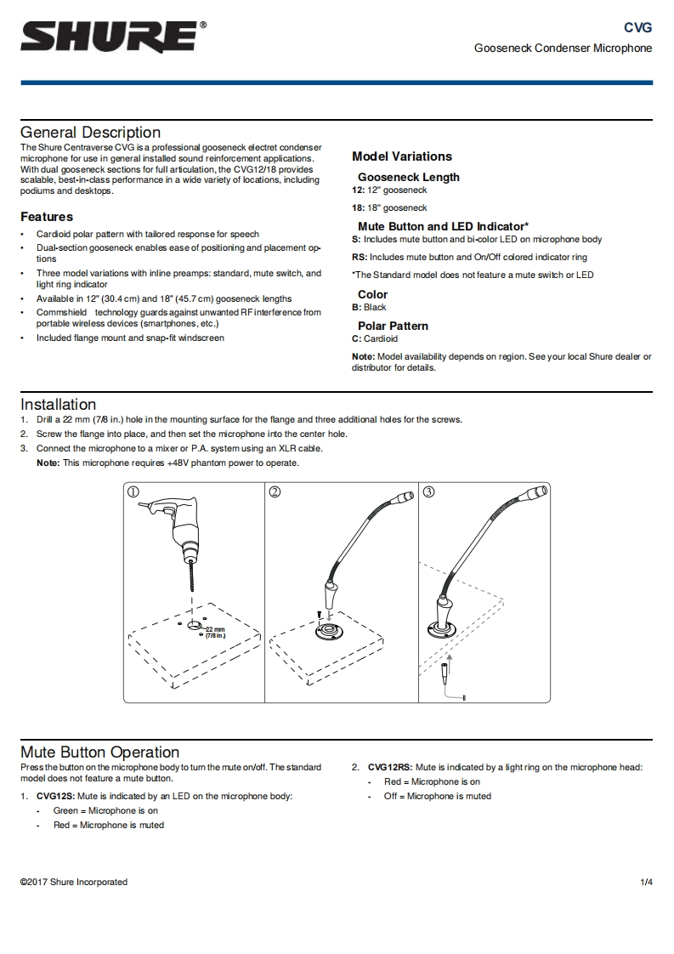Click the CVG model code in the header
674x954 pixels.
point(637,27)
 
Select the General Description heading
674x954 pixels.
point(90,133)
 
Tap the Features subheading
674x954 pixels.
point(47,217)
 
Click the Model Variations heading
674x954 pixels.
point(402,156)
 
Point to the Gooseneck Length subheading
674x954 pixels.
point(408,177)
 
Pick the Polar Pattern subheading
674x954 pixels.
point(393,326)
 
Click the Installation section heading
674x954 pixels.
point(58,405)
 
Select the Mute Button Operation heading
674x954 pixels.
point(99,752)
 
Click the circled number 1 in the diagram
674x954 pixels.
point(133,491)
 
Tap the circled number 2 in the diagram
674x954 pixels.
point(275,491)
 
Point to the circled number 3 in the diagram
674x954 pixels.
point(428,491)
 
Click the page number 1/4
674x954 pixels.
point(646,882)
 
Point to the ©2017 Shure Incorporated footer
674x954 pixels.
point(74,882)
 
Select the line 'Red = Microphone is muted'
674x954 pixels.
point(109,825)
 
